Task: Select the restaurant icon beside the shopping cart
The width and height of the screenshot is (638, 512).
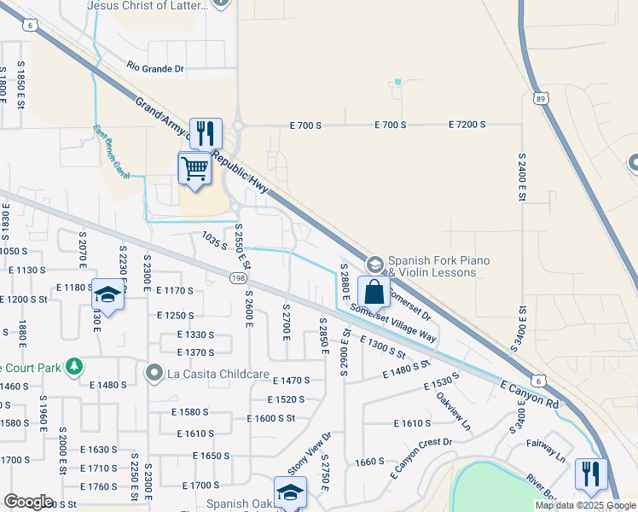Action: click(206, 133)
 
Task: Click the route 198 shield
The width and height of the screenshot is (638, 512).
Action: click(238, 277)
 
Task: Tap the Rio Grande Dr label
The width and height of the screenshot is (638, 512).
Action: click(155, 66)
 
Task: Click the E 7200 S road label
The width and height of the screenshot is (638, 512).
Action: click(467, 125)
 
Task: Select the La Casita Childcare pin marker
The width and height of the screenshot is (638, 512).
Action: click(154, 372)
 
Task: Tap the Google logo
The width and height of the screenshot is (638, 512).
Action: click(28, 502)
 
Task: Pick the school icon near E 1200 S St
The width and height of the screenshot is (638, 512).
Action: click(107, 295)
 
